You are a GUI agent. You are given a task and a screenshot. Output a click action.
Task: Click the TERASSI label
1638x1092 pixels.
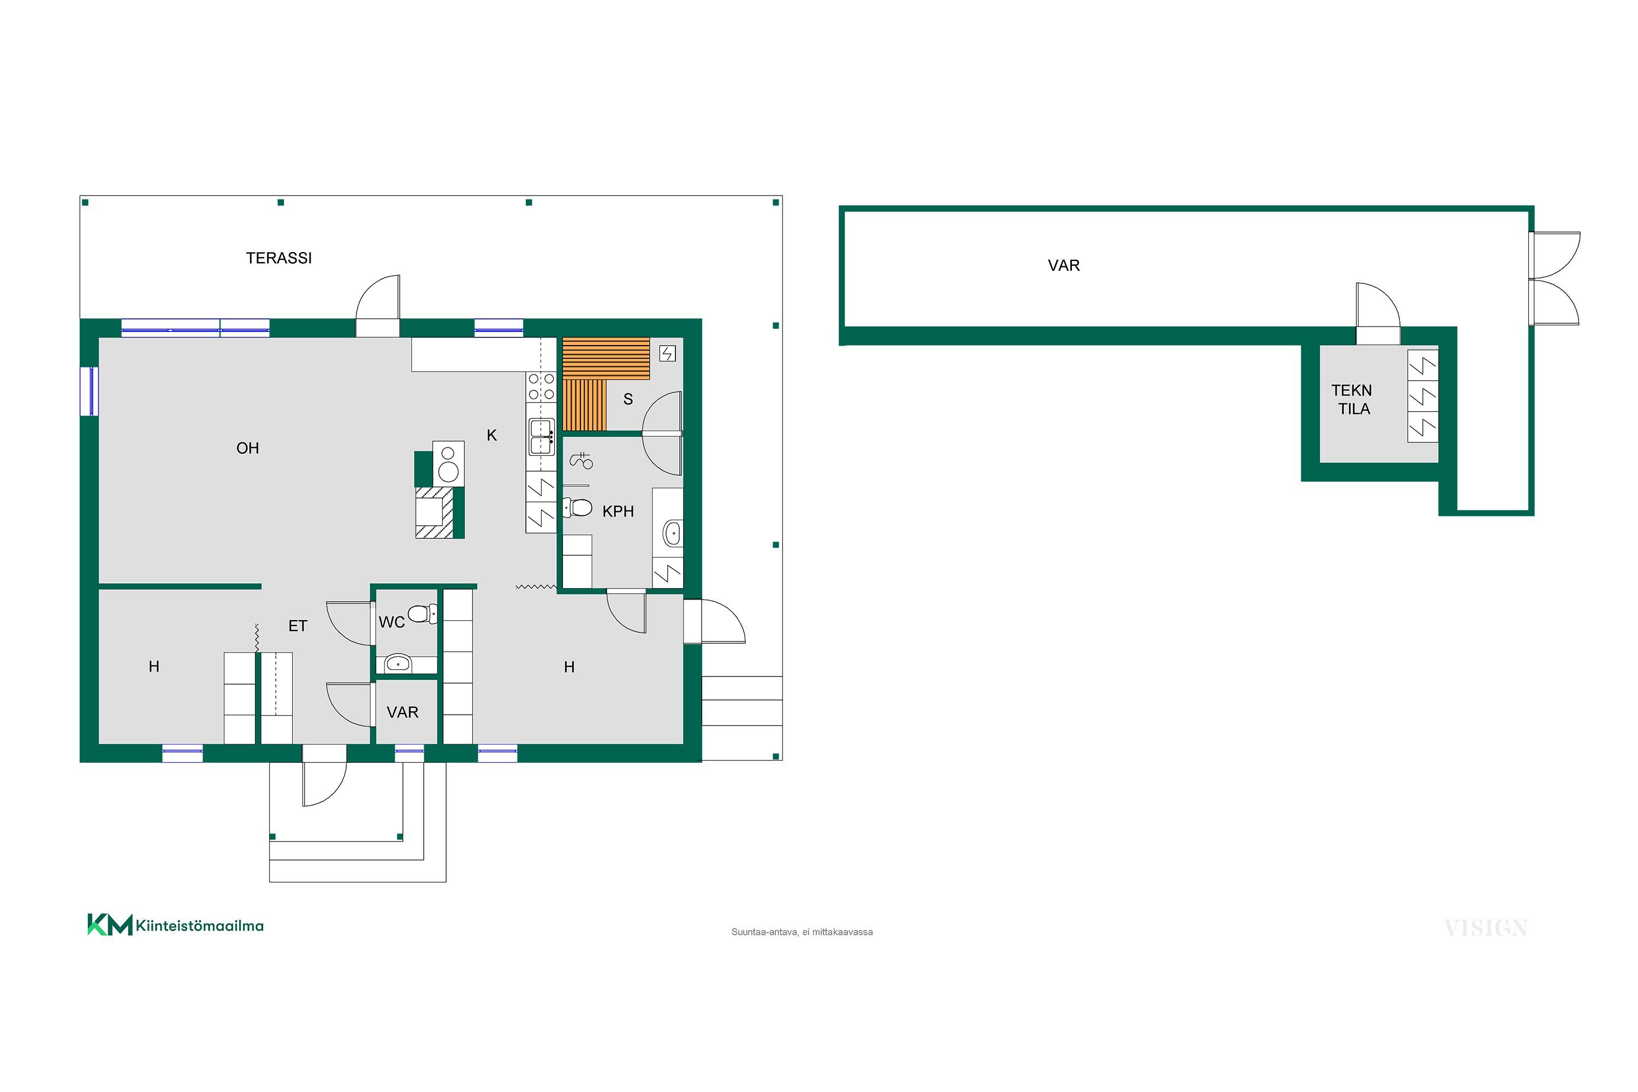[278, 258]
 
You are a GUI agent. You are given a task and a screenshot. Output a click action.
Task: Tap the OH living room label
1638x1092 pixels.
[247, 448]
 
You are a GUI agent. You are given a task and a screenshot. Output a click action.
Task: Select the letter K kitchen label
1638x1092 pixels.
[492, 435]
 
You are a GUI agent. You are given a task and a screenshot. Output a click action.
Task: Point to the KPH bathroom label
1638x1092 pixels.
[618, 511]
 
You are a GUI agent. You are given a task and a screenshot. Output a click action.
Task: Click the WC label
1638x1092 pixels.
[391, 622]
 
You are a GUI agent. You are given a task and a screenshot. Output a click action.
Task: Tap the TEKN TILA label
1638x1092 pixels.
[1352, 400]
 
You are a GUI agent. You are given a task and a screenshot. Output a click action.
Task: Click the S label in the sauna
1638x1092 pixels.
[628, 399]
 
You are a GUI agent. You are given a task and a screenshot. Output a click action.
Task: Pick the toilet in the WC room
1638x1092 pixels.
[422, 614]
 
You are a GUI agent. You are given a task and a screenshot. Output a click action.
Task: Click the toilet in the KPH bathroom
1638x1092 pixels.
[577, 508]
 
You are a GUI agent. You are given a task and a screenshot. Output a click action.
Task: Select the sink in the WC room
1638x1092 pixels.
[397, 663]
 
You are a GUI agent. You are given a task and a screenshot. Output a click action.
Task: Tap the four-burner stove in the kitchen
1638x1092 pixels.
[541, 387]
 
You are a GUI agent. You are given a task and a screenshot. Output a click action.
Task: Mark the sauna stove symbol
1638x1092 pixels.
[667, 354]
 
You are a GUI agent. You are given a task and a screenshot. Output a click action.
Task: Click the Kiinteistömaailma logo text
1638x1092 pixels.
[199, 925]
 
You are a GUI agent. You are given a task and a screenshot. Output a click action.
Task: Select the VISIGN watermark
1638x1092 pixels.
[1486, 928]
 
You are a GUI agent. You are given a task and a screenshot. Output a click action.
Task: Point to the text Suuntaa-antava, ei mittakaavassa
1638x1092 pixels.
[802, 932]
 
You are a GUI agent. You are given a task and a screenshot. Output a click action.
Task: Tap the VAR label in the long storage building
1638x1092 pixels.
[1064, 265]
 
